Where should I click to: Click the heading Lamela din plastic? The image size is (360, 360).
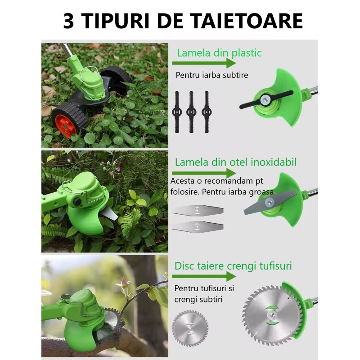coord(219,53)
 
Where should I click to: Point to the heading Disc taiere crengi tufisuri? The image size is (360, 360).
coord(233,266)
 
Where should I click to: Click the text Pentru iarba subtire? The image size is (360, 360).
coord(212,75)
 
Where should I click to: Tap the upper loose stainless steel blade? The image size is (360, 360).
coord(198,209)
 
